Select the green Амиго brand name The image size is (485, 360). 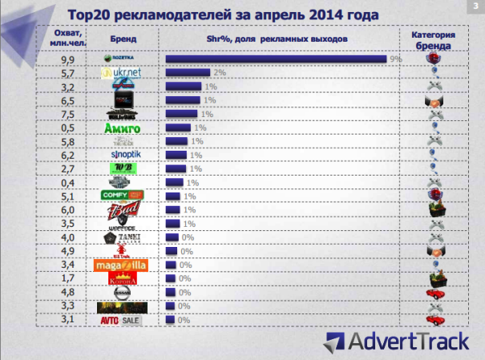coord(123,127)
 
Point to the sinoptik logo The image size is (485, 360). coord(123,155)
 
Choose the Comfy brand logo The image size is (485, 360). coord(122,196)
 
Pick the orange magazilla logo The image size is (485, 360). coord(122,265)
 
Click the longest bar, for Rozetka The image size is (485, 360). coord(276,59)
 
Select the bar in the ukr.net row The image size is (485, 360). coord(188,73)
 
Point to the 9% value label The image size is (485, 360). coord(394,59)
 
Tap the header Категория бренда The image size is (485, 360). coord(433,41)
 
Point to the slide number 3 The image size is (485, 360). coord(477,6)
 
